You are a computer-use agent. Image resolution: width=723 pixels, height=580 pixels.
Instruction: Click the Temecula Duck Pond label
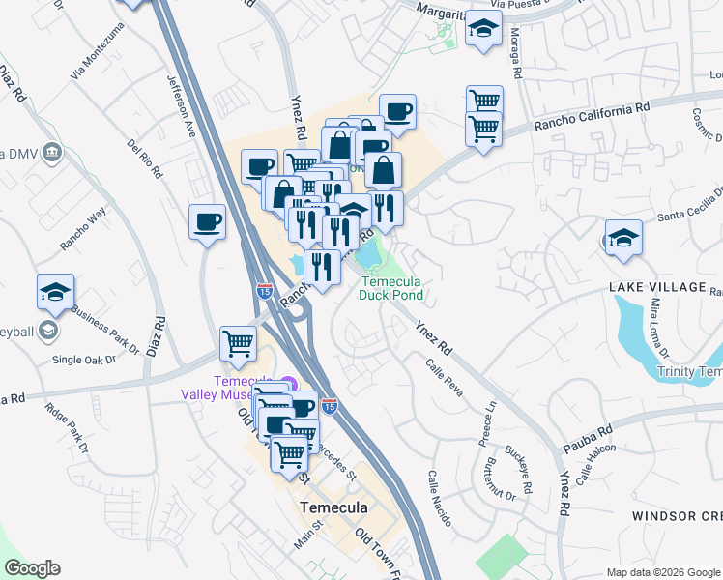[392, 288]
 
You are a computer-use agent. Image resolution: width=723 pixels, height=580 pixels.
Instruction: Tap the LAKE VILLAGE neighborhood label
[657, 288]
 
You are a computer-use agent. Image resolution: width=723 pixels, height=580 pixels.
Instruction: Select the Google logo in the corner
[32, 568]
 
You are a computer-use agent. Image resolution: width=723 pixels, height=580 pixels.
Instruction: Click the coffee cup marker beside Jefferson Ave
[207, 223]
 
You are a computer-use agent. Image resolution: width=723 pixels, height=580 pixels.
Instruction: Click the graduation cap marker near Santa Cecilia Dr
[623, 238]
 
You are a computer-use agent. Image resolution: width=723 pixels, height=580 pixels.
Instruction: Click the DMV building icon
[51, 151]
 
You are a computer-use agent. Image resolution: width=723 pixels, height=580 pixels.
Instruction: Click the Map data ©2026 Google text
[663, 572]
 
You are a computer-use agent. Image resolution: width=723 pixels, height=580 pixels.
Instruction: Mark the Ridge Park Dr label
[66, 426]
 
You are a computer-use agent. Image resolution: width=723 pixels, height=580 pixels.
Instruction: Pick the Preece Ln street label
[484, 426]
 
